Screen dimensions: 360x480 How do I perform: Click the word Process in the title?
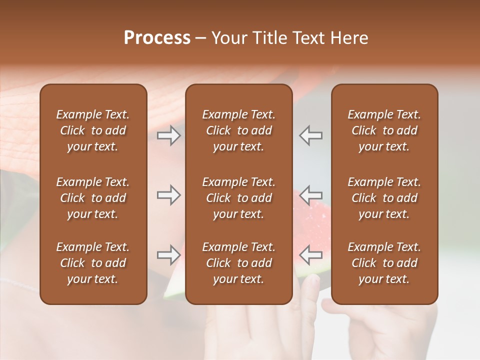click(x=157, y=38)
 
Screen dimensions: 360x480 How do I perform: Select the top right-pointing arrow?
click(x=169, y=135)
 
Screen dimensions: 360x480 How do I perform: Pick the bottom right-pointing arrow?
click(x=169, y=255)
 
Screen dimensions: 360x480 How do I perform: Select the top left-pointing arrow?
click(x=311, y=135)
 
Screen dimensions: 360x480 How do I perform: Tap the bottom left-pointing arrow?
click(x=311, y=255)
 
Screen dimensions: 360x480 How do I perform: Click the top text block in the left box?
click(x=93, y=130)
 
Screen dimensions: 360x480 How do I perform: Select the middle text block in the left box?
click(x=93, y=198)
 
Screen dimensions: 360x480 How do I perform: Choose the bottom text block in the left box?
click(x=93, y=263)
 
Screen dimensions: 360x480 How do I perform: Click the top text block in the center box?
click(x=238, y=130)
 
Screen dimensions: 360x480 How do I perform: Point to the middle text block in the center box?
click(x=238, y=198)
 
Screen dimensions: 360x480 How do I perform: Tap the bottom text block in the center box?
click(x=238, y=263)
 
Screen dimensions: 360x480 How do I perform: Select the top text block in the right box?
click(x=384, y=130)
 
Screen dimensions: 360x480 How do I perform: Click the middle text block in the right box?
click(x=384, y=198)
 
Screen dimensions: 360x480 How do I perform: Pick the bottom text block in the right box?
click(x=384, y=263)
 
